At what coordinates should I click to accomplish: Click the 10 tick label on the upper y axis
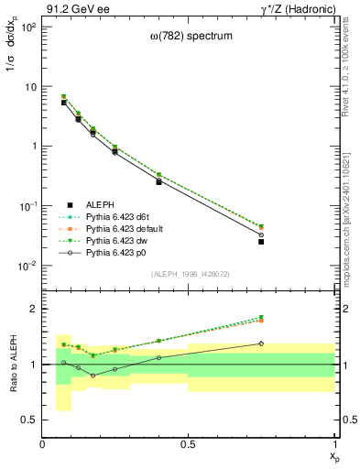click(29, 87)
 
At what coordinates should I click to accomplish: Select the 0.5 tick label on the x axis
click(189, 443)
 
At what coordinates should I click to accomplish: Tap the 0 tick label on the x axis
click(43, 443)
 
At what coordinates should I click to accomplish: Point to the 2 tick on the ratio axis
click(33, 309)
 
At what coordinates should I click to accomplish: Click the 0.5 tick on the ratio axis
click(29, 420)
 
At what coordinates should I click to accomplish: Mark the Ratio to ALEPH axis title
click(12, 365)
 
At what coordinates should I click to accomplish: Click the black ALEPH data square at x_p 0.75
click(261, 242)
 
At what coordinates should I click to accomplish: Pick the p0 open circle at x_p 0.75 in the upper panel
click(261, 234)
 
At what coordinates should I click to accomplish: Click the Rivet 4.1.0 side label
click(352, 73)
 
